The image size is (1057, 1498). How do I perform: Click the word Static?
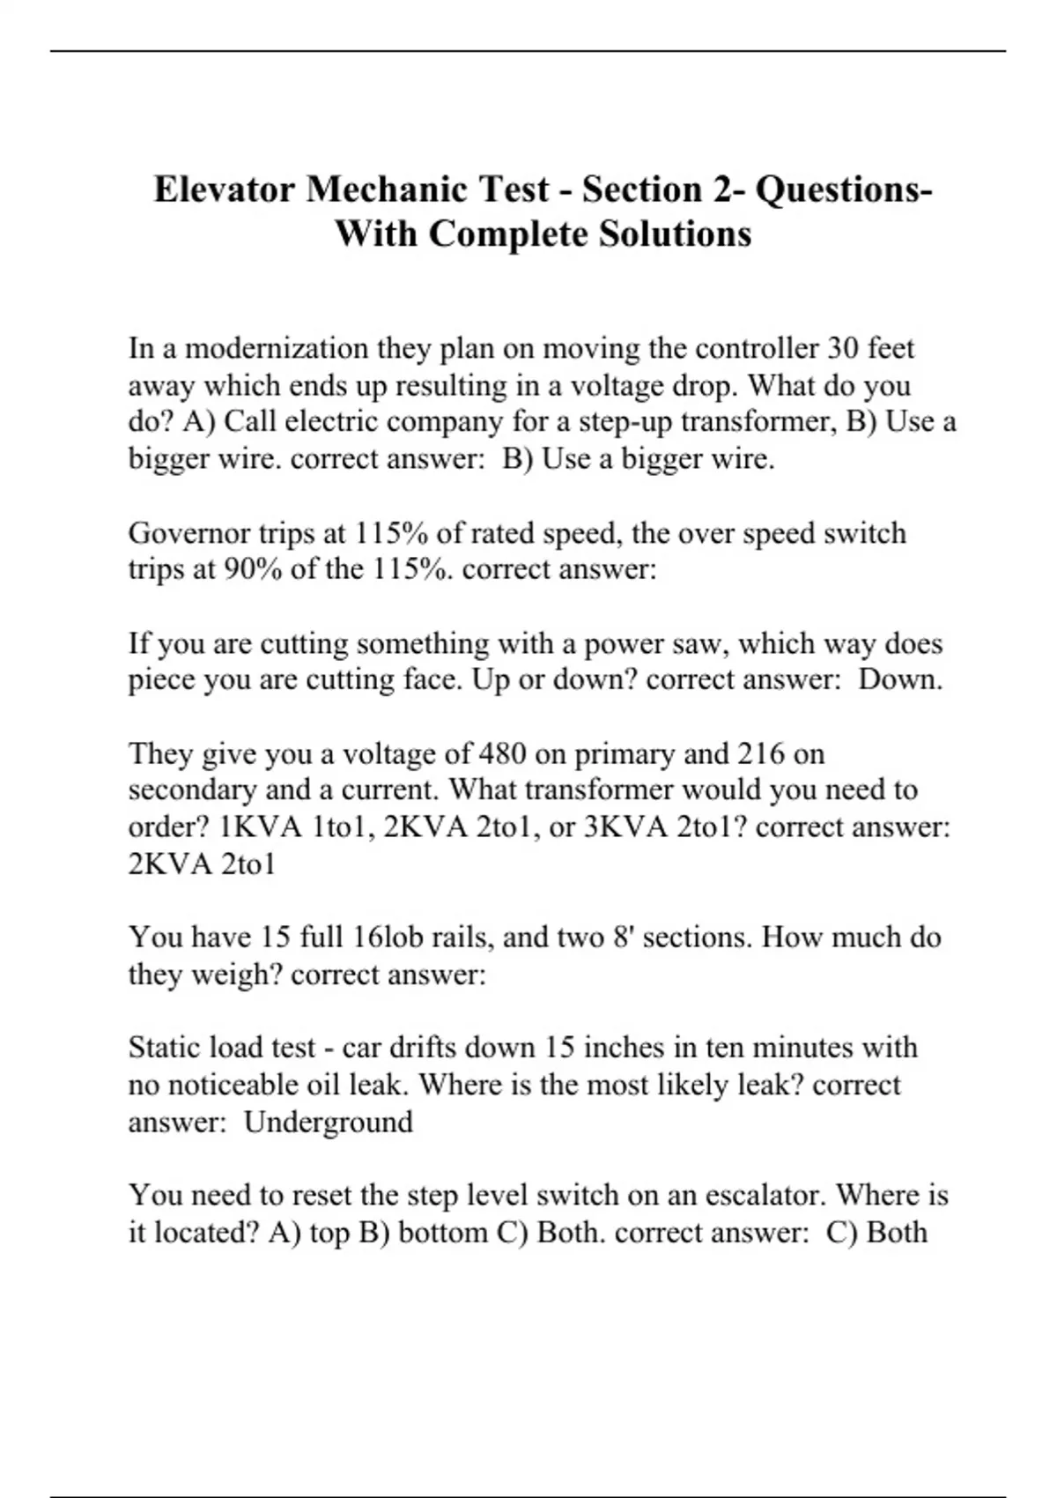(x=165, y=1047)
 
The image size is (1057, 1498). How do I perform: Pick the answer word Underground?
(x=328, y=1122)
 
